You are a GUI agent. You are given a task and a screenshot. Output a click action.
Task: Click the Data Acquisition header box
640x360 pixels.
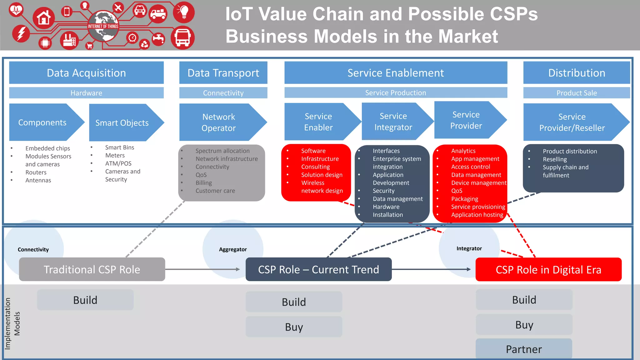(x=86, y=73)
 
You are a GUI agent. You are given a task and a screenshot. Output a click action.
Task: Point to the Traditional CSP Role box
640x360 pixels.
(x=92, y=269)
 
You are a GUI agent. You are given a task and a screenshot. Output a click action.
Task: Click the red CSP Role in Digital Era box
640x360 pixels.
(x=548, y=270)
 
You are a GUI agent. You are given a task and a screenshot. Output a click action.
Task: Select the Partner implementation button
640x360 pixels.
(x=524, y=349)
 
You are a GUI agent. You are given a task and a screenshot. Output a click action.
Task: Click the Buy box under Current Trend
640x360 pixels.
(x=294, y=327)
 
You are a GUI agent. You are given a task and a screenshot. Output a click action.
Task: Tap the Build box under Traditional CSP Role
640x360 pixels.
(x=85, y=300)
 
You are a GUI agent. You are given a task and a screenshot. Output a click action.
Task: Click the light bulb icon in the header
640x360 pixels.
(x=184, y=12)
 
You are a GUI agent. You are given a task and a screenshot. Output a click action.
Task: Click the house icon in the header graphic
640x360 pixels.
(x=43, y=18)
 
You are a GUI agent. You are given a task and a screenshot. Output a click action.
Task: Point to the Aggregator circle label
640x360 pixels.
(x=233, y=249)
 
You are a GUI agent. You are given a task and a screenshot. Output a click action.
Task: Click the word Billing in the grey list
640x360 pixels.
(x=204, y=183)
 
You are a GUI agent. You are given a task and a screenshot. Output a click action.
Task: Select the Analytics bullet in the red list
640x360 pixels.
(x=463, y=151)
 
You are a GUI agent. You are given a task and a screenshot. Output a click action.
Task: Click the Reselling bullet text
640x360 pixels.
(x=555, y=159)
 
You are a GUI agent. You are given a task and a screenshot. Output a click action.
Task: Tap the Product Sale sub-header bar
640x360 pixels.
(x=577, y=93)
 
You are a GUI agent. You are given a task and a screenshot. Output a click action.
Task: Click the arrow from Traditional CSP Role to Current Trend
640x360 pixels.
(x=203, y=269)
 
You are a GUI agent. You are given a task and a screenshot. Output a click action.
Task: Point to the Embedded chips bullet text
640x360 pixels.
(x=47, y=148)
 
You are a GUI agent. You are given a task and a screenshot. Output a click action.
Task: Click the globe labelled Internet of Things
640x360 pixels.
(x=103, y=26)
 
